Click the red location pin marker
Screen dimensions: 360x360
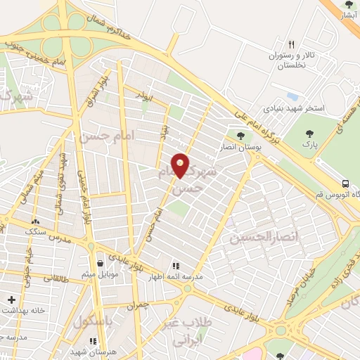(x=181, y=165)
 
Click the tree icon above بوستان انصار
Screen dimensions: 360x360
(x=241, y=135)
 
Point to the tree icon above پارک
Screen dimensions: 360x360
(x=307, y=134)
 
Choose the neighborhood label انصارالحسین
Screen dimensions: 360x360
(x=264, y=238)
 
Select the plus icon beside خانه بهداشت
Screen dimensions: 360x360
(x=10, y=300)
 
